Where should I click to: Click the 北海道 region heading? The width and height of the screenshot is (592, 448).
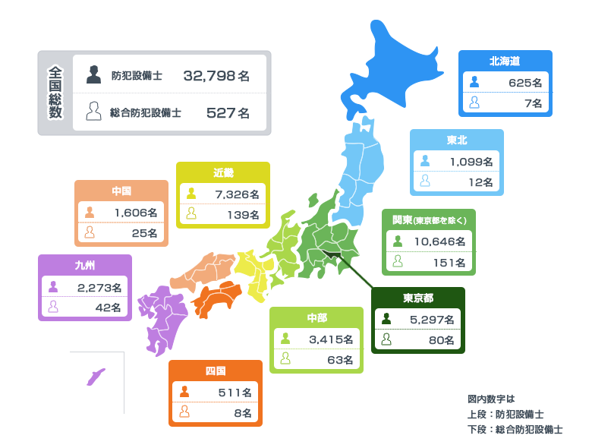coord(505,60)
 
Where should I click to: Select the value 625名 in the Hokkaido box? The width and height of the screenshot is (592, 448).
coord(524,82)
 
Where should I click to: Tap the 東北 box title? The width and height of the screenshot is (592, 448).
coord(456,140)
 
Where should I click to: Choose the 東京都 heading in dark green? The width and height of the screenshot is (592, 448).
coord(418,297)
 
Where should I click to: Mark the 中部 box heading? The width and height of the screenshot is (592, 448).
coord(316,317)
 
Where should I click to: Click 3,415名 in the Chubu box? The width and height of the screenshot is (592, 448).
coord(331,339)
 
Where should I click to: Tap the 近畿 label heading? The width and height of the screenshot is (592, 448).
coord(223,172)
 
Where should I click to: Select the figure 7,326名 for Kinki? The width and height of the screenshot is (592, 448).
coord(237,194)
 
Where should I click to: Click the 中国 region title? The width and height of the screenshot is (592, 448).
coord(121,191)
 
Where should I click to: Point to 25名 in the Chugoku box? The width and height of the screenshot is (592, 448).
coord(144,232)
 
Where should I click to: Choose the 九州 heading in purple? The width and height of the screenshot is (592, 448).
coord(85,265)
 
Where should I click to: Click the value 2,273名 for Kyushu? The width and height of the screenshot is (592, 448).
coord(99,287)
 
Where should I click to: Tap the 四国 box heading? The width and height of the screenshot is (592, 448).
coord(216,371)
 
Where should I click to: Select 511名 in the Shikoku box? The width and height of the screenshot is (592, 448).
coord(234,393)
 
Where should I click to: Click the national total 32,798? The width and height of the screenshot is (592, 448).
coord(209,75)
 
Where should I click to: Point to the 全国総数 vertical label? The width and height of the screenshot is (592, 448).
coord(55,93)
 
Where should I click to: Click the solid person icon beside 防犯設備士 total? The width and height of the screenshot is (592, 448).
coord(93,74)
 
